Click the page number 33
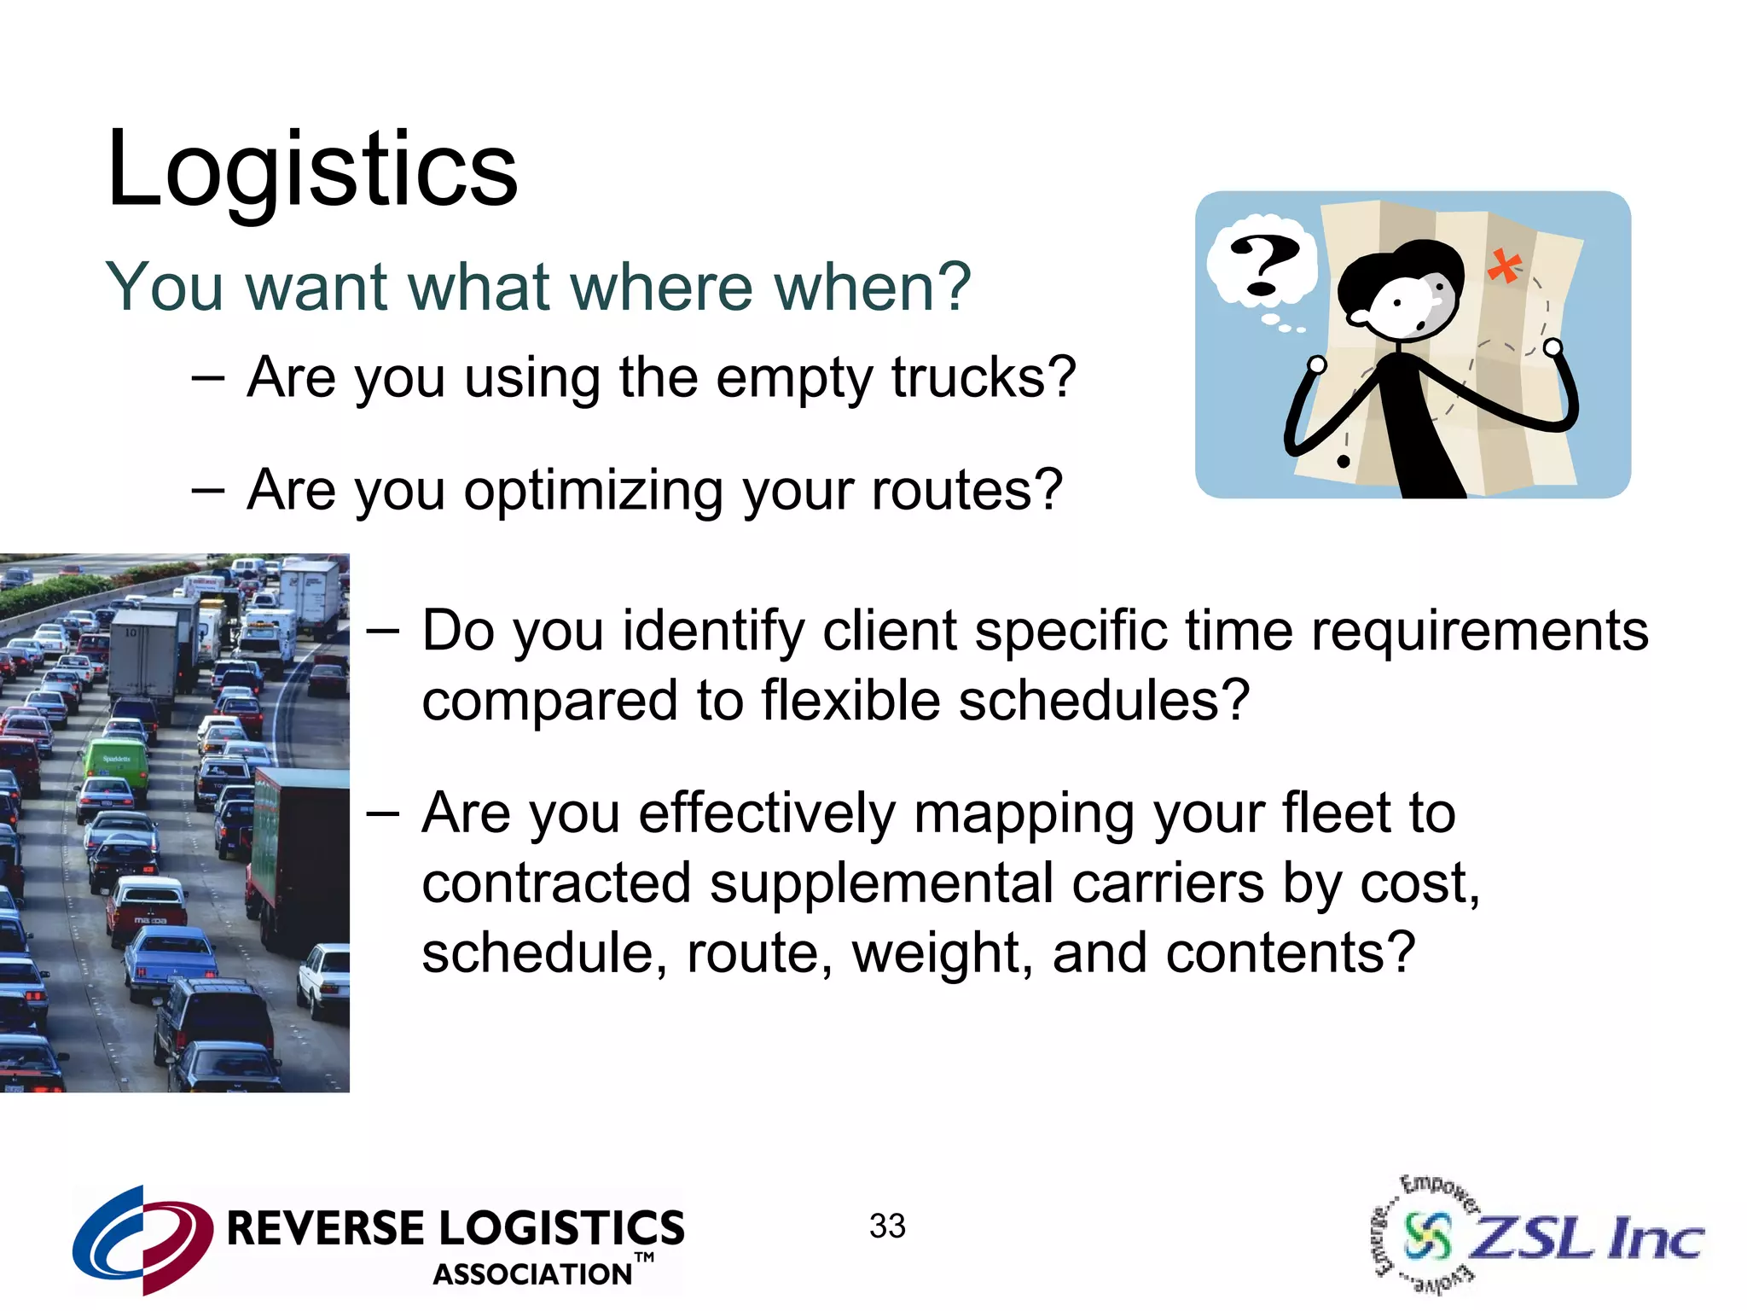pos(887,1227)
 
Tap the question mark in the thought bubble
pos(1263,265)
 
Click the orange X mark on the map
pos(1505,267)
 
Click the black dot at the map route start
pos(1344,462)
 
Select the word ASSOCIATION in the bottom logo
pos(533,1274)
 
